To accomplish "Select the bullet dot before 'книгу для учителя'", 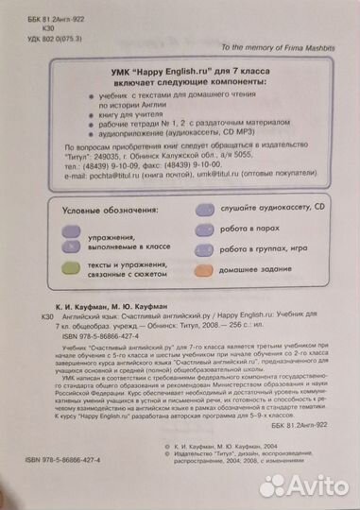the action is click(x=88, y=111).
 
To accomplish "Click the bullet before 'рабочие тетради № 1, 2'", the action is click(x=88, y=122).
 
